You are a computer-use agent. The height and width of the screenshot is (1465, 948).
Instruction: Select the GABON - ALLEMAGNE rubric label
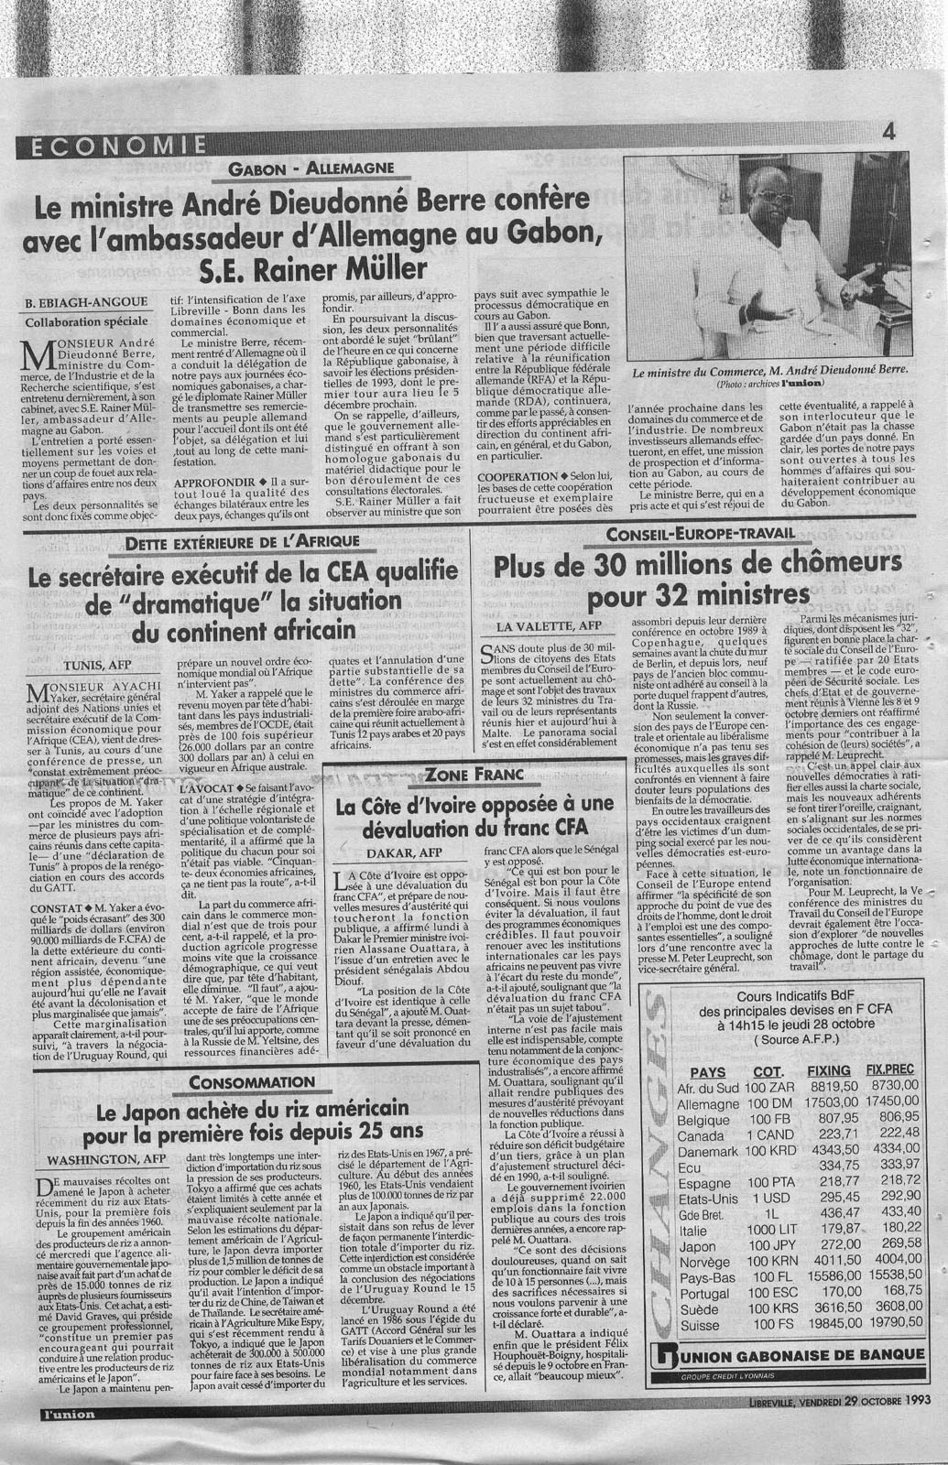(311, 168)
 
